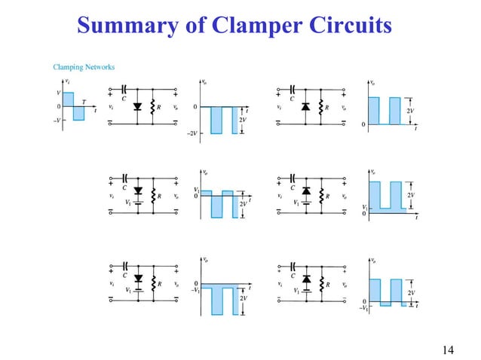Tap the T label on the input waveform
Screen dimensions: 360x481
coord(84,102)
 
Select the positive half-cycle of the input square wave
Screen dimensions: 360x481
coord(68,99)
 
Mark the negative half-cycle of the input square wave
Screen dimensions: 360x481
coord(78,114)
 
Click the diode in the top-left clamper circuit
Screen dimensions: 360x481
coord(136,108)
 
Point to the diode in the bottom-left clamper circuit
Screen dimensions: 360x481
coord(136,278)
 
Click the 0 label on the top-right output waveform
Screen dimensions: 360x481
coord(363,124)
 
